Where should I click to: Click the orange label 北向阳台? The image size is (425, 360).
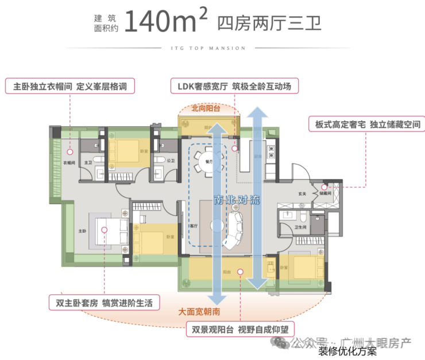click(x=206, y=107)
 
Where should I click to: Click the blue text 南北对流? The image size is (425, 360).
click(x=237, y=200)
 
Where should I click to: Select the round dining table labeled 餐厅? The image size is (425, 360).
click(x=206, y=162)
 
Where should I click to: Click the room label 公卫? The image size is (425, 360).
click(x=171, y=161)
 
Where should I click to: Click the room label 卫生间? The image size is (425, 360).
click(x=302, y=227)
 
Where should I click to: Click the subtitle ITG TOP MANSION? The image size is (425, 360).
click(x=212, y=48)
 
